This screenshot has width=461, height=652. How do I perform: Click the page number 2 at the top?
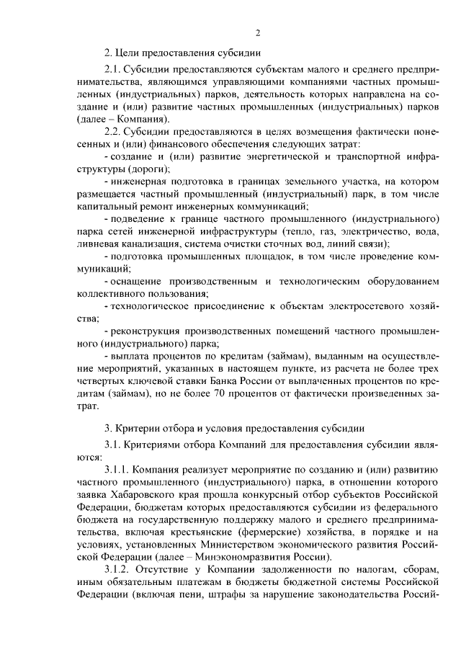257,32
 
